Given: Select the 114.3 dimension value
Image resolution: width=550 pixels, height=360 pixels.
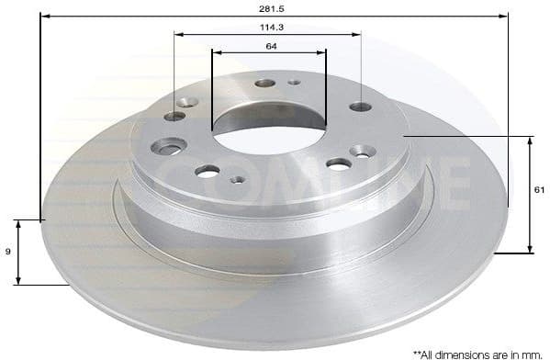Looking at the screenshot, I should pyautogui.click(x=268, y=28).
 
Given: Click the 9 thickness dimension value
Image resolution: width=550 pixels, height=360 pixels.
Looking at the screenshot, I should pyautogui.click(x=7, y=250).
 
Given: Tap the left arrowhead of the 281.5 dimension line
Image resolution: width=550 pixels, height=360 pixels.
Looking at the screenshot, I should pyautogui.click(x=44, y=15).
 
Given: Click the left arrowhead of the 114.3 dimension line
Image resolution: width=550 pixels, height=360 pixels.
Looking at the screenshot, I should pyautogui.click(x=178, y=35).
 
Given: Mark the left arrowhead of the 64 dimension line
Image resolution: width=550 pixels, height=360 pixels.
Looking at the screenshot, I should pyautogui.click(x=216, y=51).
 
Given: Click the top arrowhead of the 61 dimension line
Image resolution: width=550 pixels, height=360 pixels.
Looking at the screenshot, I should pyautogui.click(x=529, y=140).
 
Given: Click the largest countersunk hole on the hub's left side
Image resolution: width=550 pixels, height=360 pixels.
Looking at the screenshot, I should pyautogui.click(x=171, y=146).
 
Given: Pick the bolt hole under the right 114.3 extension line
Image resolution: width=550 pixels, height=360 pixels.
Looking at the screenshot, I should pyautogui.click(x=361, y=107).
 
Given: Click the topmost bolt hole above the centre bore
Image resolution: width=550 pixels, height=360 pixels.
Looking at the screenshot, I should pyautogui.click(x=265, y=83).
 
